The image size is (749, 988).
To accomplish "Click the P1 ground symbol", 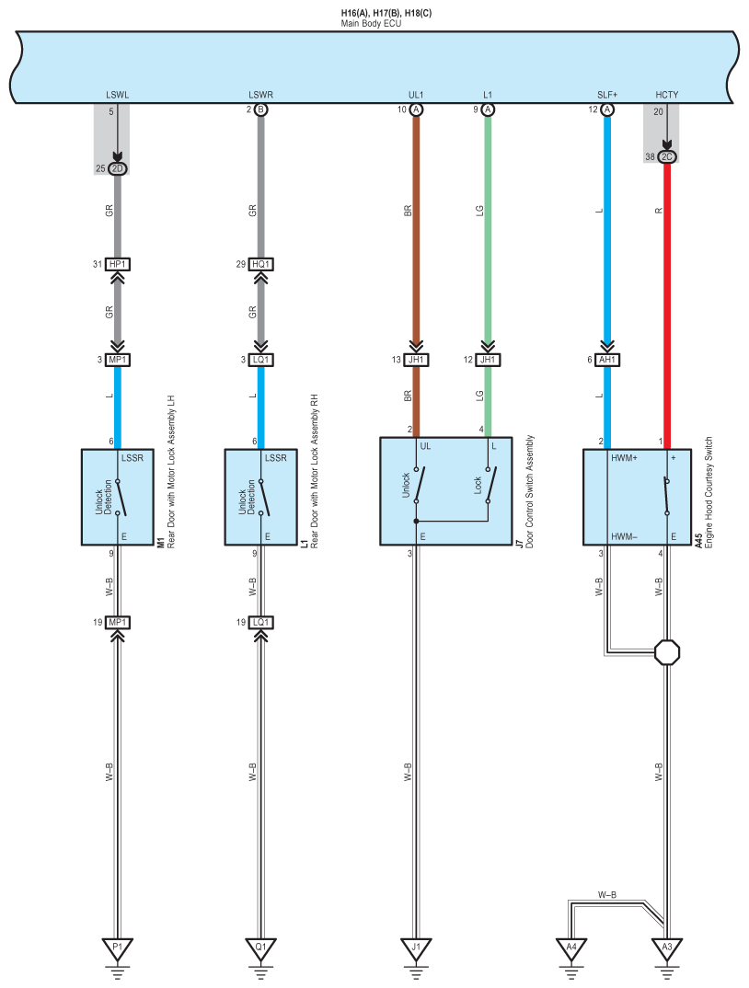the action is [x=117, y=949].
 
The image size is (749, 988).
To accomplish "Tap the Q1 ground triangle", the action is [x=260, y=949].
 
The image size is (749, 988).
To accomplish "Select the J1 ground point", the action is [x=416, y=949].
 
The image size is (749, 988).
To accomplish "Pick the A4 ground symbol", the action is [x=571, y=949].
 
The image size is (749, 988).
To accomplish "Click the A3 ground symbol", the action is [x=666, y=949].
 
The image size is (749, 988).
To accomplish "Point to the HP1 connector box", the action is [x=117, y=264].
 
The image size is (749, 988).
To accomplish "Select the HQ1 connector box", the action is [x=260, y=264].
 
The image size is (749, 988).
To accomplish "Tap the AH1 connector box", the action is [x=607, y=360].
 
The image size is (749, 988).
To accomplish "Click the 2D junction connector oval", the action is [x=117, y=168].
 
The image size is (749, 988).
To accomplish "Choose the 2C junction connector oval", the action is [x=666, y=156].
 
